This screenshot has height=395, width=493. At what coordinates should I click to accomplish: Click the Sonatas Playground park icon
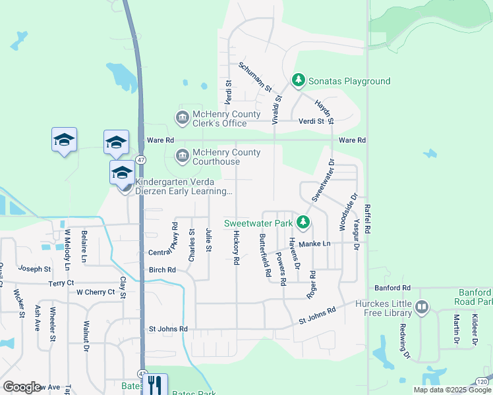(299, 80)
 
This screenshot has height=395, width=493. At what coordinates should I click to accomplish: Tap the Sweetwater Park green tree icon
(303, 223)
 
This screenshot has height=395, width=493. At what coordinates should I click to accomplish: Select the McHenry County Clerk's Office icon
(182, 118)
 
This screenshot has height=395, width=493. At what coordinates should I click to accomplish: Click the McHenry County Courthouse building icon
(182, 156)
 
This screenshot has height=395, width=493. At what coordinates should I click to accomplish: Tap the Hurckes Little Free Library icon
(422, 307)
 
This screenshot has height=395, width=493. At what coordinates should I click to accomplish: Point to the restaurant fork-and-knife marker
(155, 384)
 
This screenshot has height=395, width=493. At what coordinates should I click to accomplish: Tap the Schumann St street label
(255, 78)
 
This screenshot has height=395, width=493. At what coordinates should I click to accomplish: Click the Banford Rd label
(392, 288)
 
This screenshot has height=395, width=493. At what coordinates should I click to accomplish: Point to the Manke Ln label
(314, 244)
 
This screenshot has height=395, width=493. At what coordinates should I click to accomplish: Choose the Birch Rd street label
(162, 270)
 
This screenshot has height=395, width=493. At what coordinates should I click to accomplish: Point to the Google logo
(22, 386)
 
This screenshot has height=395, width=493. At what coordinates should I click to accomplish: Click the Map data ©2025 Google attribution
(451, 390)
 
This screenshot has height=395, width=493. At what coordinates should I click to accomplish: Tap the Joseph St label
(35, 269)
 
